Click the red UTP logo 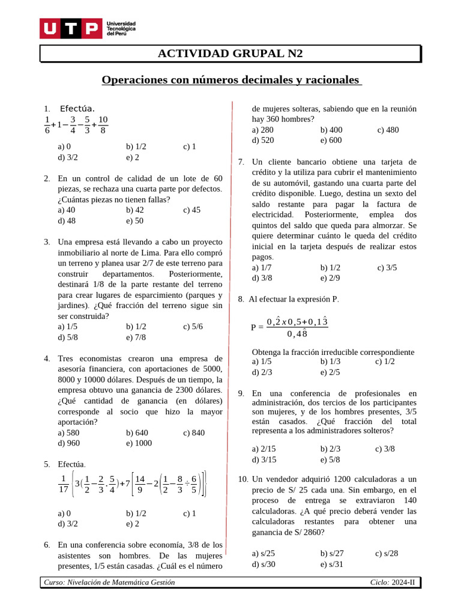(x=70, y=28)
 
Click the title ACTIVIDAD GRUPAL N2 (x=230, y=53)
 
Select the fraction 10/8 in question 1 (x=103, y=124)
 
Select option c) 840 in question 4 (x=194, y=432)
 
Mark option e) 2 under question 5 (x=133, y=524)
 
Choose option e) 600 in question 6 (x=331, y=140)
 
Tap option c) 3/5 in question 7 (x=387, y=267)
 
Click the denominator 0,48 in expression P (x=297, y=333)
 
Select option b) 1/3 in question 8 (x=330, y=361)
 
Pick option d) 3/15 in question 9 (x=264, y=459)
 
